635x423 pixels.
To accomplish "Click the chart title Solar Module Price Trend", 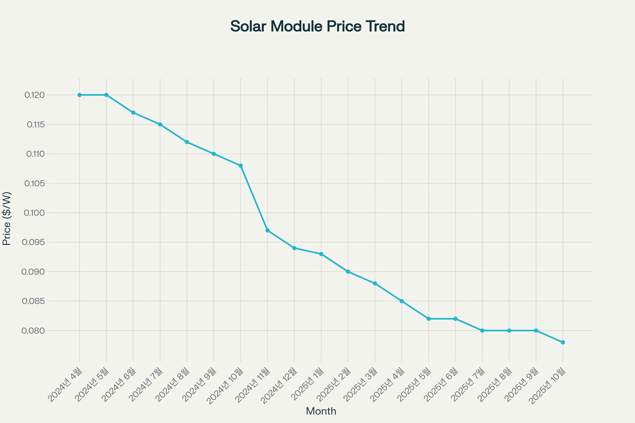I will click(x=317, y=27).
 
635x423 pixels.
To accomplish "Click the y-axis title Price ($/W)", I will click(x=7, y=219).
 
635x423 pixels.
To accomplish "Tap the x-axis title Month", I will click(x=321, y=411).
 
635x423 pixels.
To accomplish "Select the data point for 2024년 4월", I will click(x=79, y=95).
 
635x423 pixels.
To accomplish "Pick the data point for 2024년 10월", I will click(x=241, y=165).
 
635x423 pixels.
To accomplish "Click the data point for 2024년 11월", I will click(x=267, y=230).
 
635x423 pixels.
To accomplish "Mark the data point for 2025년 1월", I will click(x=321, y=254).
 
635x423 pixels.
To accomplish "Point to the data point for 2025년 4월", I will click(x=402, y=301).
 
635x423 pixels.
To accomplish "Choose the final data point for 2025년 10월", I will click(x=563, y=342).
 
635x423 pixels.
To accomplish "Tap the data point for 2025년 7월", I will click(x=482, y=331).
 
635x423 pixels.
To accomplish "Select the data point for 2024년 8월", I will click(x=187, y=142).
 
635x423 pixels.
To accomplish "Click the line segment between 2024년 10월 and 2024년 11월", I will click(x=254, y=198).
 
